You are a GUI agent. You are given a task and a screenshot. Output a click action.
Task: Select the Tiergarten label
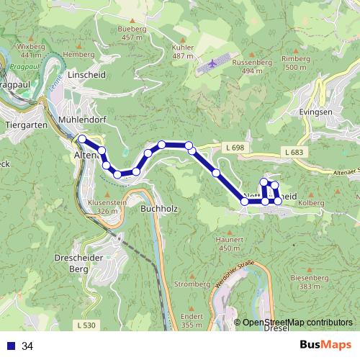point(26,125)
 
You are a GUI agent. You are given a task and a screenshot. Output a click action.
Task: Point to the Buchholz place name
point(158,208)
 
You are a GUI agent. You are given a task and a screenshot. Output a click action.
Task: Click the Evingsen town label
point(314,112)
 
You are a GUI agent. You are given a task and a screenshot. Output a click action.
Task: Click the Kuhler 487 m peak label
point(184,51)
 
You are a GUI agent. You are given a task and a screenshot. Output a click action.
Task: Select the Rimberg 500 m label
point(295,63)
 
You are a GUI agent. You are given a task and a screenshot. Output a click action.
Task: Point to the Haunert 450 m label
point(229,243)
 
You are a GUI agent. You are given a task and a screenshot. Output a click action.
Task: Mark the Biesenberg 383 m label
point(308,282)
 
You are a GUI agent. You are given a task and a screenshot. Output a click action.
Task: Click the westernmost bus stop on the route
point(82,139)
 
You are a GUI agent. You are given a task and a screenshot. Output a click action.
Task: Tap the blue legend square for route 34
point(12,346)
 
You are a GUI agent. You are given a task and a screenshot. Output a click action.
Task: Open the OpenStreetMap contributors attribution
point(297,323)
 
